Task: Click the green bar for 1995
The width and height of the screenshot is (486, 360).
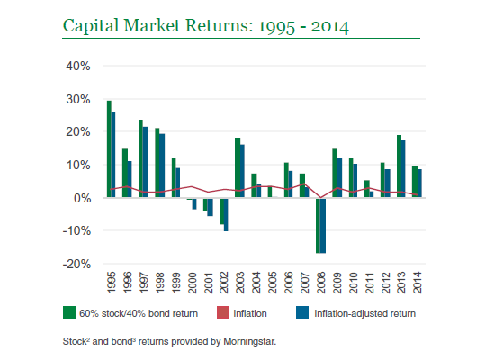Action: tap(109, 148)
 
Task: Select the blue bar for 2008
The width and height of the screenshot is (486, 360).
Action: tap(323, 225)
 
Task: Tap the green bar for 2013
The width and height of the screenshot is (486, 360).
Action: tap(400, 166)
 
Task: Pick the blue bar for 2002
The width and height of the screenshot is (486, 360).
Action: tap(226, 214)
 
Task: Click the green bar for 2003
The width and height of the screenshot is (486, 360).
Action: tap(238, 167)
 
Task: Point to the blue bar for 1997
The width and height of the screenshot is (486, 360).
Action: tap(146, 162)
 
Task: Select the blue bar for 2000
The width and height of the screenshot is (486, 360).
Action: tap(194, 203)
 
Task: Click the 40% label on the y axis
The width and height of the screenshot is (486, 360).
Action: tap(78, 66)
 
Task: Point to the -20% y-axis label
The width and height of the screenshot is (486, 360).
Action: tap(76, 264)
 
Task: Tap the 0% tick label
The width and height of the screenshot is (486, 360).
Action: tap(83, 198)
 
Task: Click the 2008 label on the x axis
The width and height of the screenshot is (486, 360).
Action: tap(321, 283)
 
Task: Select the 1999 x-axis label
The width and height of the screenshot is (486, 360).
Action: tap(175, 283)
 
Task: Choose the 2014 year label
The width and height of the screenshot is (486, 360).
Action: tap(418, 283)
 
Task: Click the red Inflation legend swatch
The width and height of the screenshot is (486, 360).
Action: tap(223, 312)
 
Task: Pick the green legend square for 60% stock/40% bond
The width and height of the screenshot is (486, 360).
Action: tap(69, 312)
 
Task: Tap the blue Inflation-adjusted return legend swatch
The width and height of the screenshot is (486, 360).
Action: tap(302, 312)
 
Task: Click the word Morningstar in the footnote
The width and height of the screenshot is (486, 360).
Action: tap(249, 342)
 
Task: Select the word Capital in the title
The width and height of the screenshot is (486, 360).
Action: tap(91, 26)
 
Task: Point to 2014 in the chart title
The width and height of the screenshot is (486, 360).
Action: tap(330, 27)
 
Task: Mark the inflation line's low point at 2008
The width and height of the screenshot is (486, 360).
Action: tap(321, 197)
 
